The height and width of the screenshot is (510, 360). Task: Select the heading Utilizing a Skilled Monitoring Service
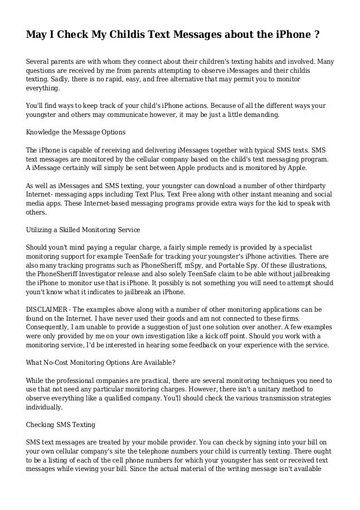pos(86,230)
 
